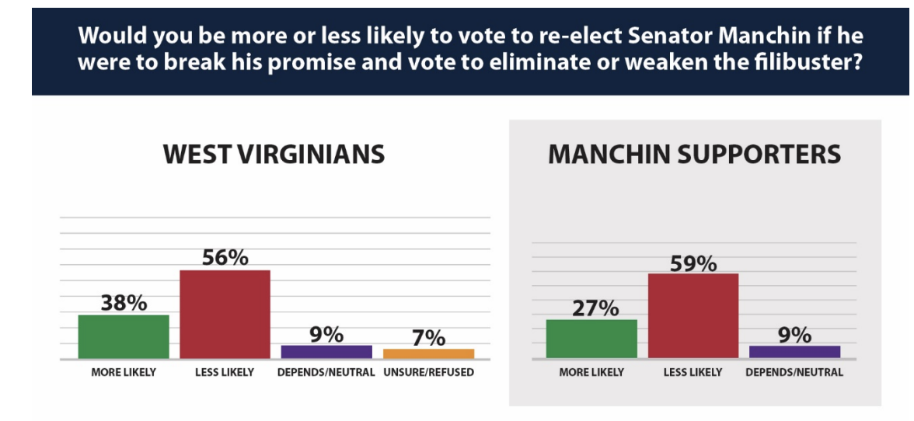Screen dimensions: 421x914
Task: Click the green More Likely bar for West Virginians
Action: pos(124,336)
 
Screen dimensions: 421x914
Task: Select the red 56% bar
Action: pos(225,314)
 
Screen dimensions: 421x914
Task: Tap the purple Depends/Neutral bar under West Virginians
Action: pos(326,351)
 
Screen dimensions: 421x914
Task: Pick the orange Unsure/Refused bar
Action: pos(428,353)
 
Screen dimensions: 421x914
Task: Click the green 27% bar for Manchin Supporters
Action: pos(591,339)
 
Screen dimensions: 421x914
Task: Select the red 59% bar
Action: pos(692,315)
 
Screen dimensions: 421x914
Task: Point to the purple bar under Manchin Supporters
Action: pos(794,351)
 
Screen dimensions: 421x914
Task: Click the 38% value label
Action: pos(124,303)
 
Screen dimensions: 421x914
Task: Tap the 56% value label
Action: pos(225,258)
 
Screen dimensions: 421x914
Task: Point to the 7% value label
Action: pos(428,338)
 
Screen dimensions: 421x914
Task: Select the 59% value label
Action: pos(692,263)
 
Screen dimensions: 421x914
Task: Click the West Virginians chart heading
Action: pos(274,154)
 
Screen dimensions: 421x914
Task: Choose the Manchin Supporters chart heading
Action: pos(694,154)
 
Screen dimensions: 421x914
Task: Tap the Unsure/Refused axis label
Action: pos(428,372)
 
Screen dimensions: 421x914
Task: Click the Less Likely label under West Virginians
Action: pos(225,372)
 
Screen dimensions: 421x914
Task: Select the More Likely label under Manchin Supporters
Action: pos(591,372)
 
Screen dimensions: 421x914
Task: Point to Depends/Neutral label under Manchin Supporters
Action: pos(794,372)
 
